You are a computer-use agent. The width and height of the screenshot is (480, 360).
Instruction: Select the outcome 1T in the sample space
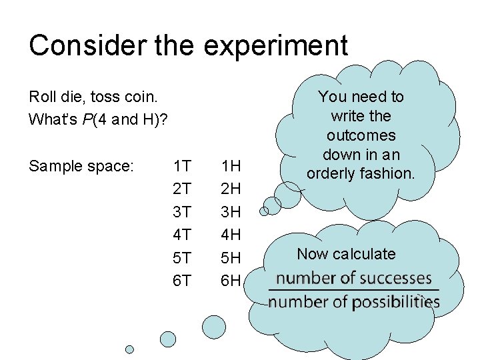[182, 165]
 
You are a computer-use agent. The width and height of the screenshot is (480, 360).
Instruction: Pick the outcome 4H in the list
[231, 235]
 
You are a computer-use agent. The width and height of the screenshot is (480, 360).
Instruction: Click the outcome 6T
[182, 281]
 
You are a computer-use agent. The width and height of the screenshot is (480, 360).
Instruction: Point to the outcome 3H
[231, 212]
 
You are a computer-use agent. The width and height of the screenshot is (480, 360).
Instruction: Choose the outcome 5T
[182, 257]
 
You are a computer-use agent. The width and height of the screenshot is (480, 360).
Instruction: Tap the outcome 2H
[231, 189]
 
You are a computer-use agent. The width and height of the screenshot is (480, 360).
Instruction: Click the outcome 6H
[231, 281]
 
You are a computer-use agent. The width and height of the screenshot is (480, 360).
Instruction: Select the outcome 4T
[182, 235]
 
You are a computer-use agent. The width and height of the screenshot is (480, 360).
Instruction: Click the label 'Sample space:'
[82, 166]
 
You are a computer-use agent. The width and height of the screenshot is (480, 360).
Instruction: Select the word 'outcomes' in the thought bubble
[361, 135]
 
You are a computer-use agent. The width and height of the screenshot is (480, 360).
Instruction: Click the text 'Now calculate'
[346, 254]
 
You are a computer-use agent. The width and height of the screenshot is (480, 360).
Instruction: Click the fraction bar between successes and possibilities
[353, 290]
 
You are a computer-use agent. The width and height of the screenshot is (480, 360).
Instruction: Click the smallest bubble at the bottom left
[129, 349]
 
